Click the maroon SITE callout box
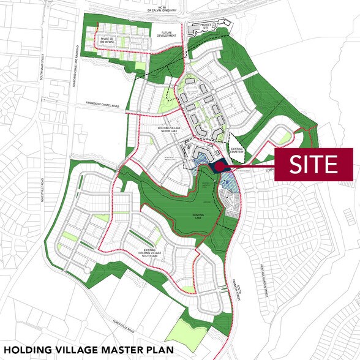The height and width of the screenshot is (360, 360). pos(314,164)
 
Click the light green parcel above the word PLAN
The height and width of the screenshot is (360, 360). pos(179,330)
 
